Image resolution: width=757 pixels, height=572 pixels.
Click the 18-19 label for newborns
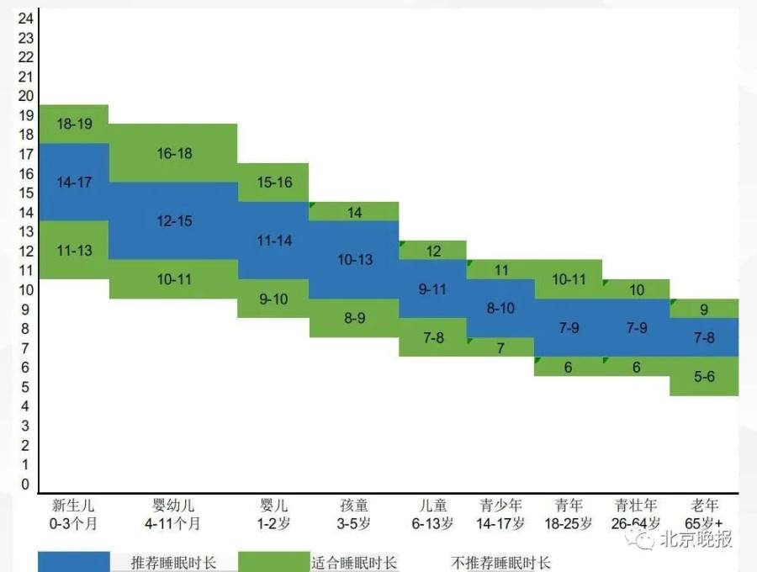(74, 124)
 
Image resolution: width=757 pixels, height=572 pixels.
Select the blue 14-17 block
(74, 182)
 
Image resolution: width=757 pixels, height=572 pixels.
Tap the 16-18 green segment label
(174, 153)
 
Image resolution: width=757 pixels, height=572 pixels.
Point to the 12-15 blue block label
(174, 221)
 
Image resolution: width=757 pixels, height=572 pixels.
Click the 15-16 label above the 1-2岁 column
(274, 183)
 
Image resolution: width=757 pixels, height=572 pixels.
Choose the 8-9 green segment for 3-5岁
(355, 318)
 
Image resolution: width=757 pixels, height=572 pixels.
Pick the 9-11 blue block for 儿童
(433, 289)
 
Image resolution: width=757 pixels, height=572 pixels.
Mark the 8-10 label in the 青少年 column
(500, 308)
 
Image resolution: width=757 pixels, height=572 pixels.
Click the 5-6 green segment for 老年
(704, 377)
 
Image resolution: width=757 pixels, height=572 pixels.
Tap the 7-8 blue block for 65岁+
(704, 337)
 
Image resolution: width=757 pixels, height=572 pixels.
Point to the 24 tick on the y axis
(25, 19)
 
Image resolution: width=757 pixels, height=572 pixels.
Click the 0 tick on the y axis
(26, 485)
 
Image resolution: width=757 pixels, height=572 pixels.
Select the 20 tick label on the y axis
(25, 96)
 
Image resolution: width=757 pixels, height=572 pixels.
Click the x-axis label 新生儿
(74, 506)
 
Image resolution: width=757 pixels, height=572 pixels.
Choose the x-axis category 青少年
(500, 506)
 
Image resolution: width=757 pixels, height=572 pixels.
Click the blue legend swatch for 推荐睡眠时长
(74, 562)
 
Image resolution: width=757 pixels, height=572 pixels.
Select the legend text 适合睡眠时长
(354, 563)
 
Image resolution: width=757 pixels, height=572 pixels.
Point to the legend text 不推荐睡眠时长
(501, 563)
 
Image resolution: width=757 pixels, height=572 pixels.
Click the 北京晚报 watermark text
(695, 539)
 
